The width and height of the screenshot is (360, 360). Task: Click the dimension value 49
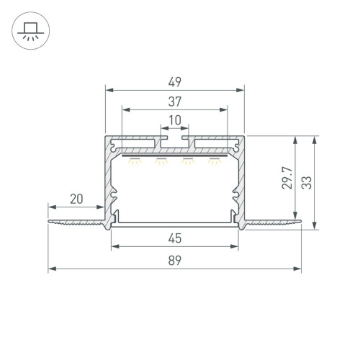point(174,81)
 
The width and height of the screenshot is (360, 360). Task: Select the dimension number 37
point(174,101)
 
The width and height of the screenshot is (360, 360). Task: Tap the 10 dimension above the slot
point(174,120)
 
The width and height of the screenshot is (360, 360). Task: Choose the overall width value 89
point(174,262)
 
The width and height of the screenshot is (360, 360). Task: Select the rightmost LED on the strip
point(213,161)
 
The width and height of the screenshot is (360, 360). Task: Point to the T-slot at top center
point(174,135)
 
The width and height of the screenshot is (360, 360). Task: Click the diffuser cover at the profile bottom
point(174,225)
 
